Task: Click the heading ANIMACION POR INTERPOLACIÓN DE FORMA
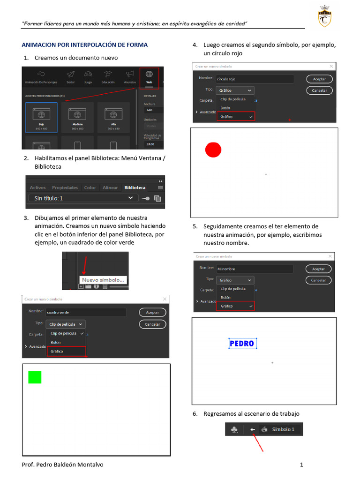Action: point(85,45)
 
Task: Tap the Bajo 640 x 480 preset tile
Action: point(41,118)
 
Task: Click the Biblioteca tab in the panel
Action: point(135,187)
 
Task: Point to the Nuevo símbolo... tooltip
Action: point(104,280)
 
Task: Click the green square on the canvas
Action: point(35,377)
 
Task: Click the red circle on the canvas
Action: point(213,150)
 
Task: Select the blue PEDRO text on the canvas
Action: point(242,344)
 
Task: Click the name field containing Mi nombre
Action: point(255,269)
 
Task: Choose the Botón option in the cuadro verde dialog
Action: point(56,342)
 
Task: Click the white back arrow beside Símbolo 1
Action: point(253,429)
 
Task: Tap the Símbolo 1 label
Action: point(283,429)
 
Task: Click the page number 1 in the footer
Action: point(302,465)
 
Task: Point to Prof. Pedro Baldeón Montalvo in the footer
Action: point(63,465)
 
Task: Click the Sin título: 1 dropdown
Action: point(83,198)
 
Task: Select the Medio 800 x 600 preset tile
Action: point(77,118)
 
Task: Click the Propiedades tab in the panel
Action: point(65,187)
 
